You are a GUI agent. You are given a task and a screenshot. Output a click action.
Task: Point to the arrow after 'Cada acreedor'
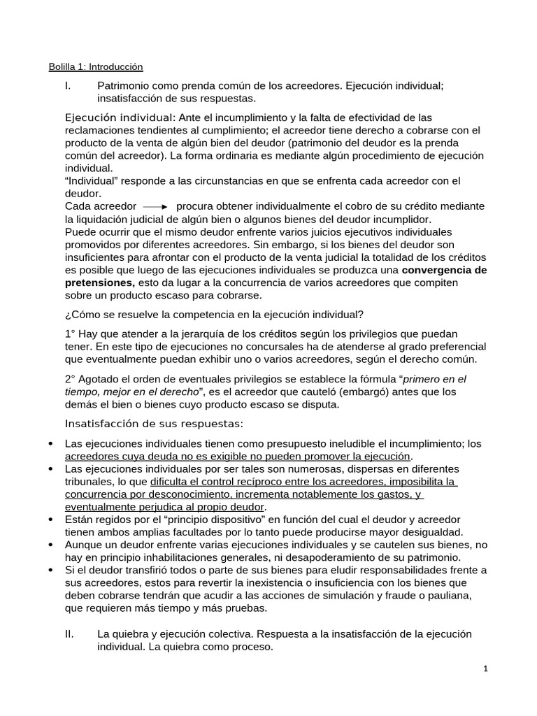coord(156,207)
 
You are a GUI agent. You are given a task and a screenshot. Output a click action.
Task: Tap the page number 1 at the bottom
coord(485,669)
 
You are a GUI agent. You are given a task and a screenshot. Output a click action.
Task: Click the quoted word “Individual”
coord(92,181)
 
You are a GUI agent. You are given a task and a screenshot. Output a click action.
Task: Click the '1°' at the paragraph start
coord(70,334)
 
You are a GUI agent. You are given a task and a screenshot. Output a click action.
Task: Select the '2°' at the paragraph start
coord(70,379)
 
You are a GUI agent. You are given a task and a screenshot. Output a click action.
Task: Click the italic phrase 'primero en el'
coord(434,379)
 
